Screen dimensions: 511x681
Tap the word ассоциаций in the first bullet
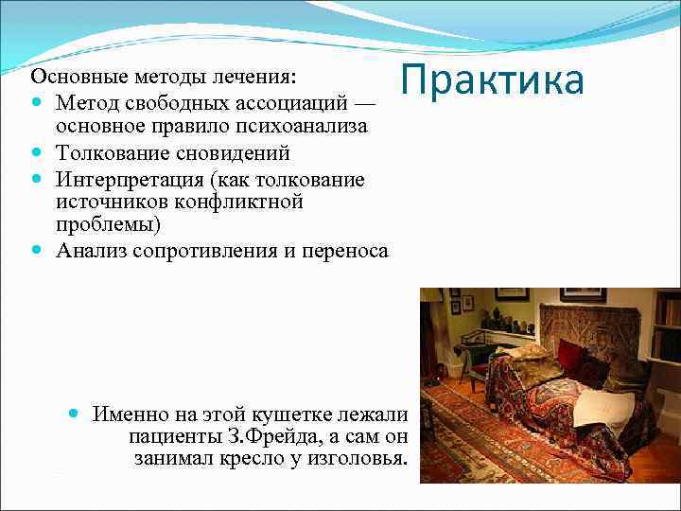point(292,100)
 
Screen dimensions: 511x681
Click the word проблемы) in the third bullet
point(108,224)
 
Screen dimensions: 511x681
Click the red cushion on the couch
point(569,356)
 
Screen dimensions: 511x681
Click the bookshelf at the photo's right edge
point(667,326)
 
